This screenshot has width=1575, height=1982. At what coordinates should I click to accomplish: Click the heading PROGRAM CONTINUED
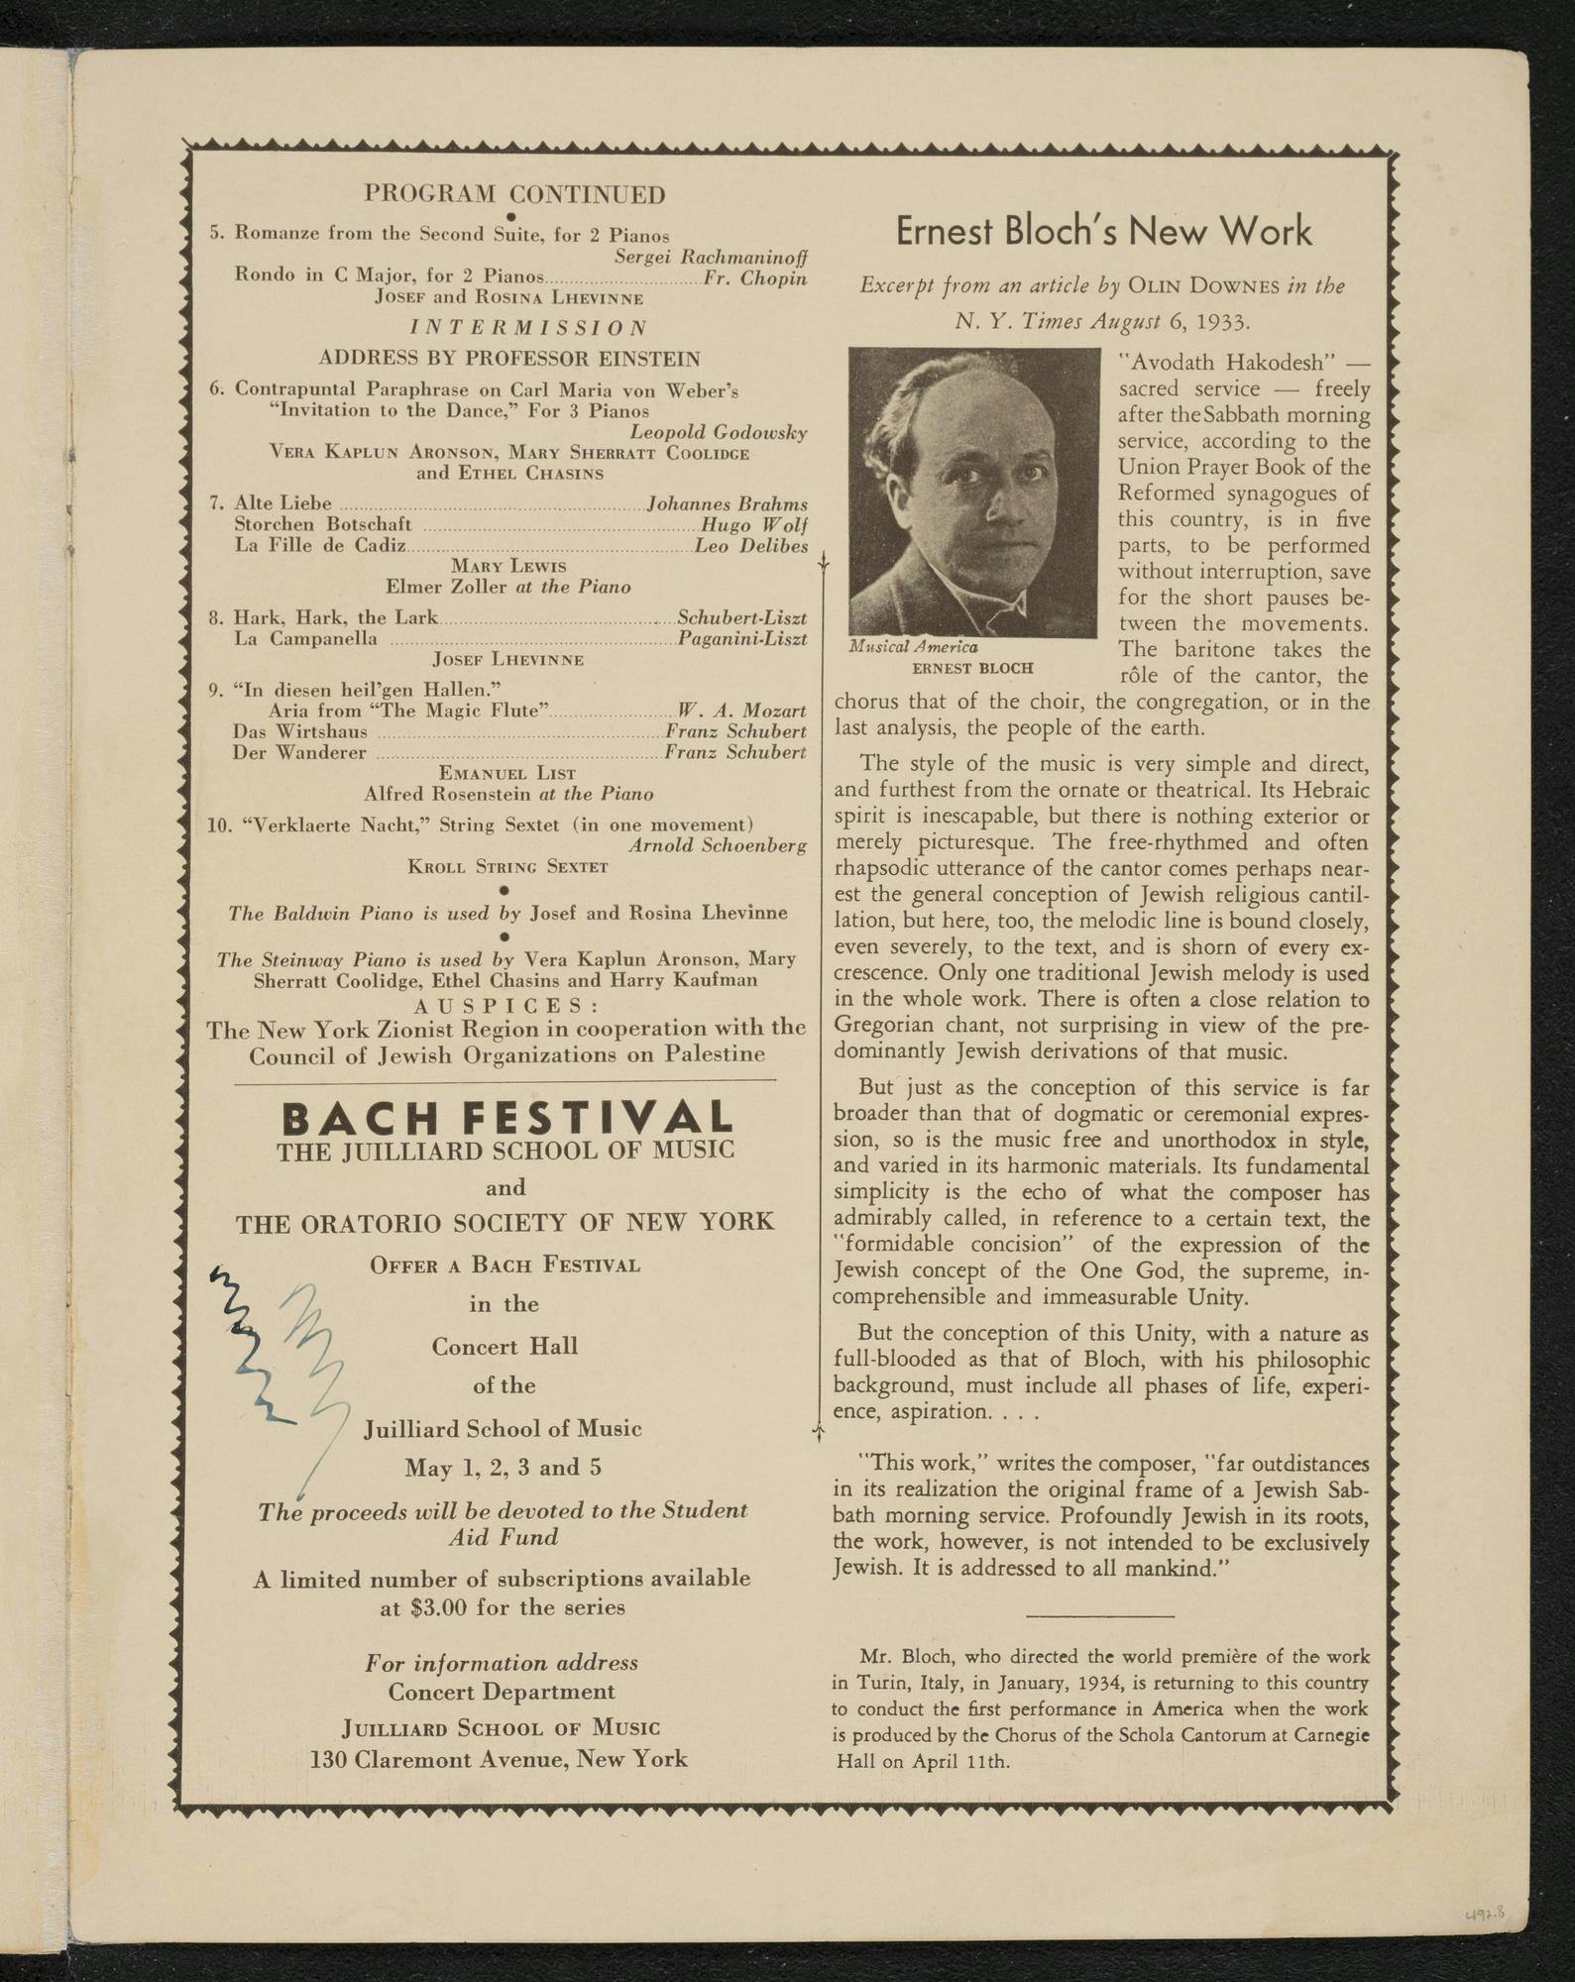point(514,193)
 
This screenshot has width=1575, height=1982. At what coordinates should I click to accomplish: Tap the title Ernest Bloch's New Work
point(1103,231)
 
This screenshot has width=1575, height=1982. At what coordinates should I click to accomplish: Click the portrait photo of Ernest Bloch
point(973,493)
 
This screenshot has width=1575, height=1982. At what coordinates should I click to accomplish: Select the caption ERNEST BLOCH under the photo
point(972,668)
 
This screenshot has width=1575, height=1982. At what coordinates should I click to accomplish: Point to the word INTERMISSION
point(529,327)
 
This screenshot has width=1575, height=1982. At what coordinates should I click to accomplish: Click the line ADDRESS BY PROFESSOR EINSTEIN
point(508,358)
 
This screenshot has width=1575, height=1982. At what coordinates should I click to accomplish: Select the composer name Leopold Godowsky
point(718,432)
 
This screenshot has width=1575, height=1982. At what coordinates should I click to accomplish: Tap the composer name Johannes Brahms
point(727,504)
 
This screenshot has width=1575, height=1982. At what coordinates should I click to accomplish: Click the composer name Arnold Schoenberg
point(717,845)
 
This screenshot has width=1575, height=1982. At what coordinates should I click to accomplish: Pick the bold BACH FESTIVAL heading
point(507,1118)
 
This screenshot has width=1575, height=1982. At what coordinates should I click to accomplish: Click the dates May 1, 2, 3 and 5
point(503,1468)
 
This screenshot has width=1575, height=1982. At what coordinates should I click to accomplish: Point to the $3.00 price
point(437,1607)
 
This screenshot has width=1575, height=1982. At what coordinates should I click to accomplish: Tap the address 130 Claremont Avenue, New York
point(499,1760)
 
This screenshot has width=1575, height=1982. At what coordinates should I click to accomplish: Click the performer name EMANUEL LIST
point(507,773)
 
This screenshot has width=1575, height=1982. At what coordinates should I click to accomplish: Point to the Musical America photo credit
point(913,647)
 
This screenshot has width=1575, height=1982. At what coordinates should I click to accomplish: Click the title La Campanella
point(305,638)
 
